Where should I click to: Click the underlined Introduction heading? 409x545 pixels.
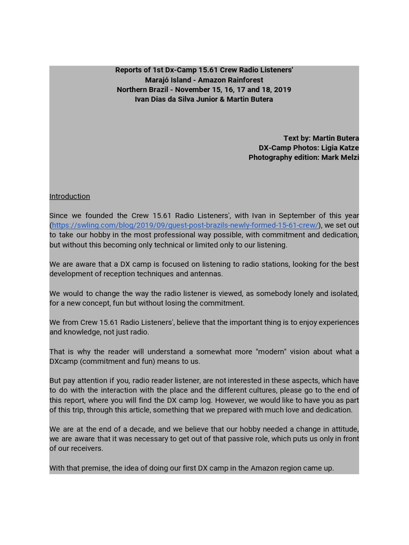[x=69, y=196]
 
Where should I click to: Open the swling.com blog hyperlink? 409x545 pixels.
[x=185, y=225]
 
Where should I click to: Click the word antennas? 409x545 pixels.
[x=207, y=274]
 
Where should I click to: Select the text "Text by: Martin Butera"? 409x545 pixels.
[x=321, y=138]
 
